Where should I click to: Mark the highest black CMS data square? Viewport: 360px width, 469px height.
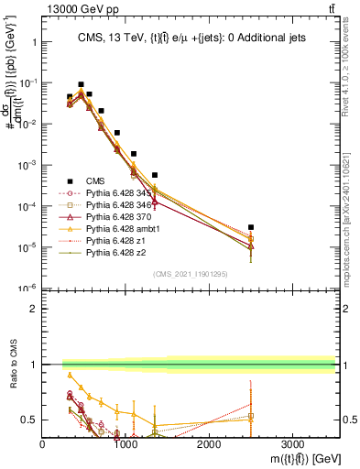coord(81,84)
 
